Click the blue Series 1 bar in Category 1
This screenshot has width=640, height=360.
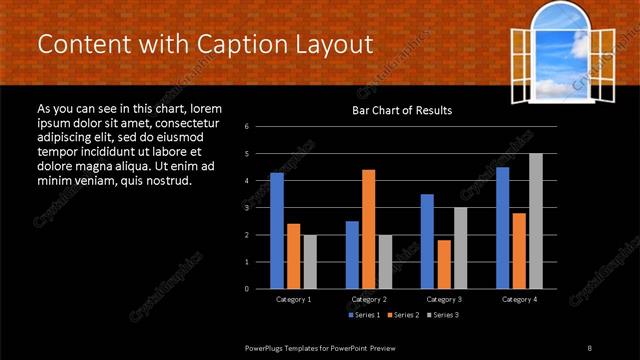point(277,231)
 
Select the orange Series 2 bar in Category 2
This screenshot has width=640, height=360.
point(368,229)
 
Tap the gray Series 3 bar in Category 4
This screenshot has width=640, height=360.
point(535,221)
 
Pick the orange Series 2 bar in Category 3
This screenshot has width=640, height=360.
point(443,264)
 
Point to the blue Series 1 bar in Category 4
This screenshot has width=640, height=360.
point(502,228)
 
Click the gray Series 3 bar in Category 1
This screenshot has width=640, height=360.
point(310,262)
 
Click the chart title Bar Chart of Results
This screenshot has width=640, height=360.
point(402,110)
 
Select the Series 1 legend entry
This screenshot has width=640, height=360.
point(365,315)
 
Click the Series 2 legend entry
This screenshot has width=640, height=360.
point(403,315)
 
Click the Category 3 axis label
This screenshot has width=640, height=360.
point(443,299)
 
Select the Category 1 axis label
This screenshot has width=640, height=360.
point(293,299)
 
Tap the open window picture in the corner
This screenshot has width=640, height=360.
point(560,52)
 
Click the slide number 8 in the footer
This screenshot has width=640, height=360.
point(589,346)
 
